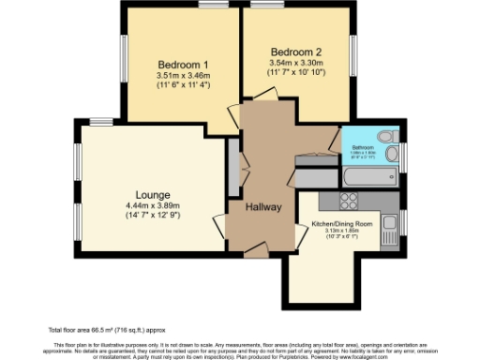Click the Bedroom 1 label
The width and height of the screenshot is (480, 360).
coord(183,63)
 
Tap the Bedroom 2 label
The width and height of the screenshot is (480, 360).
coord(296,51)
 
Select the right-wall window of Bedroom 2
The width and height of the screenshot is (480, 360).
coord(355,58)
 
